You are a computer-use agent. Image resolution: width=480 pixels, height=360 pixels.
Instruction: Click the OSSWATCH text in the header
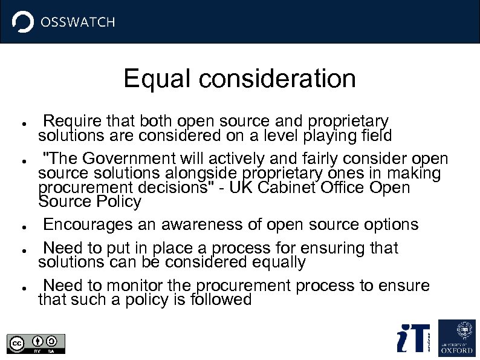pyautogui.click(x=77, y=22)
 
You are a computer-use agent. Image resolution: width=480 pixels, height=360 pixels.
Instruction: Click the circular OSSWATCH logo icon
pyautogui.click(x=23, y=22)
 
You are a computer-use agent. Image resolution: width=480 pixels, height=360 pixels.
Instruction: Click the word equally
pyautogui.click(x=276, y=262)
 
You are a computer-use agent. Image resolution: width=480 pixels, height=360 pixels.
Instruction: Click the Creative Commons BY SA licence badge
pyautogui.click(x=36, y=343)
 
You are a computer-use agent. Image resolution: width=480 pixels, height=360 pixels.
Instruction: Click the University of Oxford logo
pyautogui.click(x=456, y=337)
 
